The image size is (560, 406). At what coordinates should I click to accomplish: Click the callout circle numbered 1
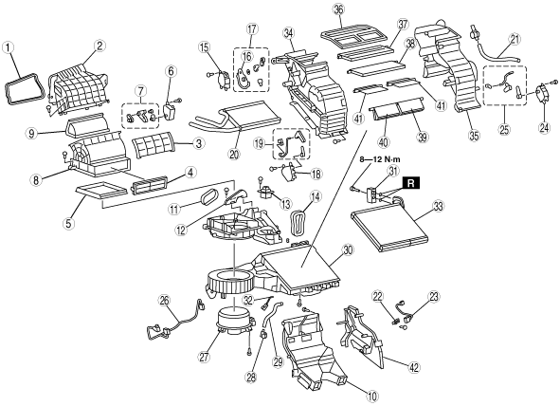9,47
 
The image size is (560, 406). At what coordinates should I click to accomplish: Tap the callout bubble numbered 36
338,9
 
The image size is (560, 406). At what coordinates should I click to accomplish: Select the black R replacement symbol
411,183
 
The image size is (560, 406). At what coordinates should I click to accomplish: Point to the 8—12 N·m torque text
380,159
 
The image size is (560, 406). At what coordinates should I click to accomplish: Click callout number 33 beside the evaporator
438,206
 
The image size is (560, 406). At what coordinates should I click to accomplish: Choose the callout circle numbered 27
204,358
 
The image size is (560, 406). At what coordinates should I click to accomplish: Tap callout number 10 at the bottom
371,396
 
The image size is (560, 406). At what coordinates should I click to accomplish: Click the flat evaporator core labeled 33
389,226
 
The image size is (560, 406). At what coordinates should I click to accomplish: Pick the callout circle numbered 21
514,40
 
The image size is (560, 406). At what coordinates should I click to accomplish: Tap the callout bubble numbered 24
544,128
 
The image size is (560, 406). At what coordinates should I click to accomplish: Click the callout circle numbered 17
252,29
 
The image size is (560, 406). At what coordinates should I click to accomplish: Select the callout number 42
414,367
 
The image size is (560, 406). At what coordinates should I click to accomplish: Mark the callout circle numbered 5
68,223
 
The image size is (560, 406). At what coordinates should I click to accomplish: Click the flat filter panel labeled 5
102,189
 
